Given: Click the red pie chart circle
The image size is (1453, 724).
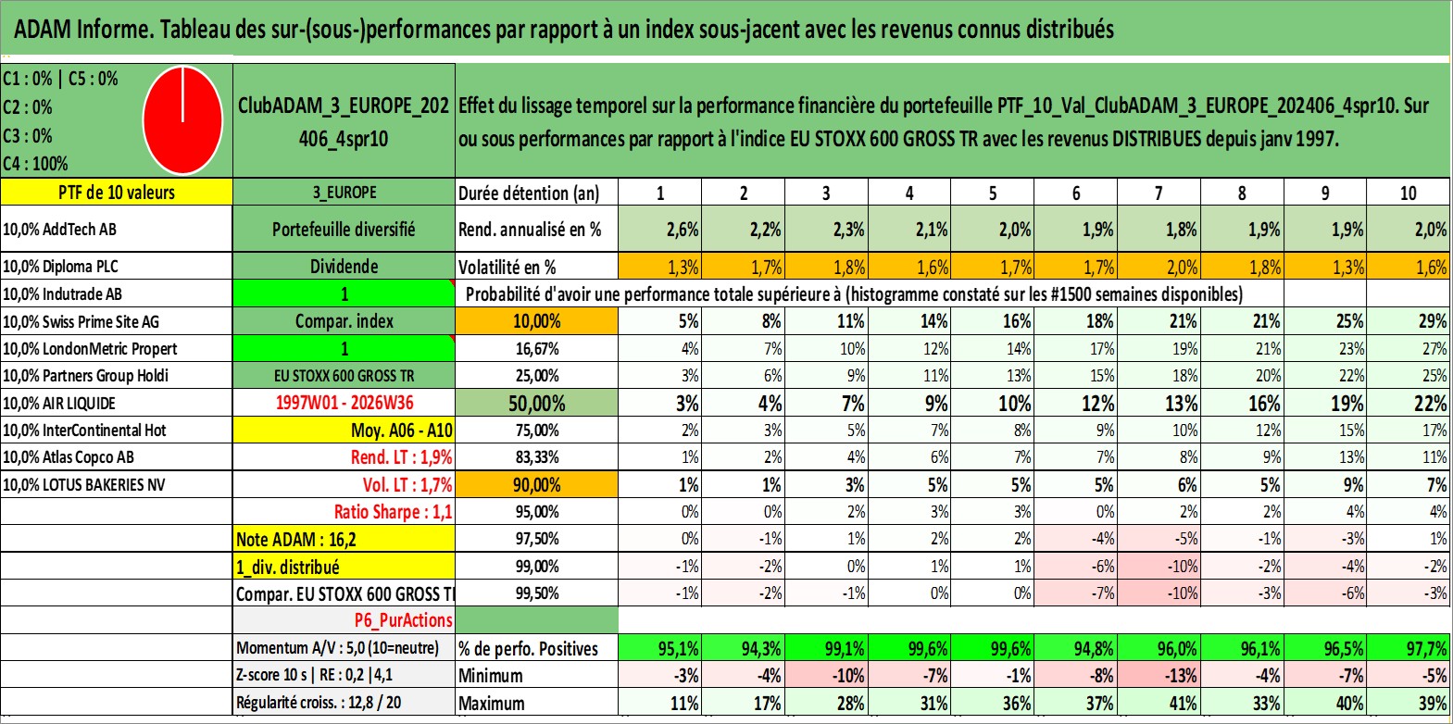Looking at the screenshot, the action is pyautogui.click(x=183, y=120).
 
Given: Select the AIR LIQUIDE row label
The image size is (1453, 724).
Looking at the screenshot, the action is pyautogui.click(x=59, y=403).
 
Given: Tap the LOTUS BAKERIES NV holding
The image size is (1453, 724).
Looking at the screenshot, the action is pyautogui.click(x=83, y=484).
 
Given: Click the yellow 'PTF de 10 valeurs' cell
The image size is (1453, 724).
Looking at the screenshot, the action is pyautogui.click(x=116, y=192).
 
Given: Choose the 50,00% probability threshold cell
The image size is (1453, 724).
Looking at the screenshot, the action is pyautogui.click(x=536, y=403).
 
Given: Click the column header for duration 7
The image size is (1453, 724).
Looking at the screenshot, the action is pyautogui.click(x=1159, y=193).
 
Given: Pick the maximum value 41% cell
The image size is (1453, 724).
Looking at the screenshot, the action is pyautogui.click(x=1159, y=703).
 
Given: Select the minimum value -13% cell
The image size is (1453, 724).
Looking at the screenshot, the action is pyautogui.click(x=1159, y=675).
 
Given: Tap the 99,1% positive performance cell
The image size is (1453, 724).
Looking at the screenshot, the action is pyautogui.click(x=826, y=648).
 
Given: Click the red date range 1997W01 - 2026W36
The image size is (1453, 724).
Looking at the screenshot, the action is pyautogui.click(x=344, y=403).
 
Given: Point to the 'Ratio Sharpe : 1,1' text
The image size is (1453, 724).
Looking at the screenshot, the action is pyautogui.click(x=393, y=512).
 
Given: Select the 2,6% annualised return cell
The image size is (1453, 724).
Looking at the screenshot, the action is pyautogui.click(x=659, y=229).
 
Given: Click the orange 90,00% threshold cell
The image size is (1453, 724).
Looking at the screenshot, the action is pyautogui.click(x=536, y=484).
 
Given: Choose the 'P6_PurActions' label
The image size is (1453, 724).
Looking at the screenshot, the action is pyautogui.click(x=403, y=620).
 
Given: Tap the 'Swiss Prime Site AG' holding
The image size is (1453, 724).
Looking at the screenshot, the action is pyautogui.click(x=81, y=321).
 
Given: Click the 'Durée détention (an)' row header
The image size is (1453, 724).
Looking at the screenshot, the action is pyautogui.click(x=529, y=193).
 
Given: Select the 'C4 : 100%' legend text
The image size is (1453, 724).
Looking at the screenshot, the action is pyautogui.click(x=36, y=164).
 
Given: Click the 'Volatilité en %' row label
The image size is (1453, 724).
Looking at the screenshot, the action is pyautogui.click(x=507, y=267).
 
